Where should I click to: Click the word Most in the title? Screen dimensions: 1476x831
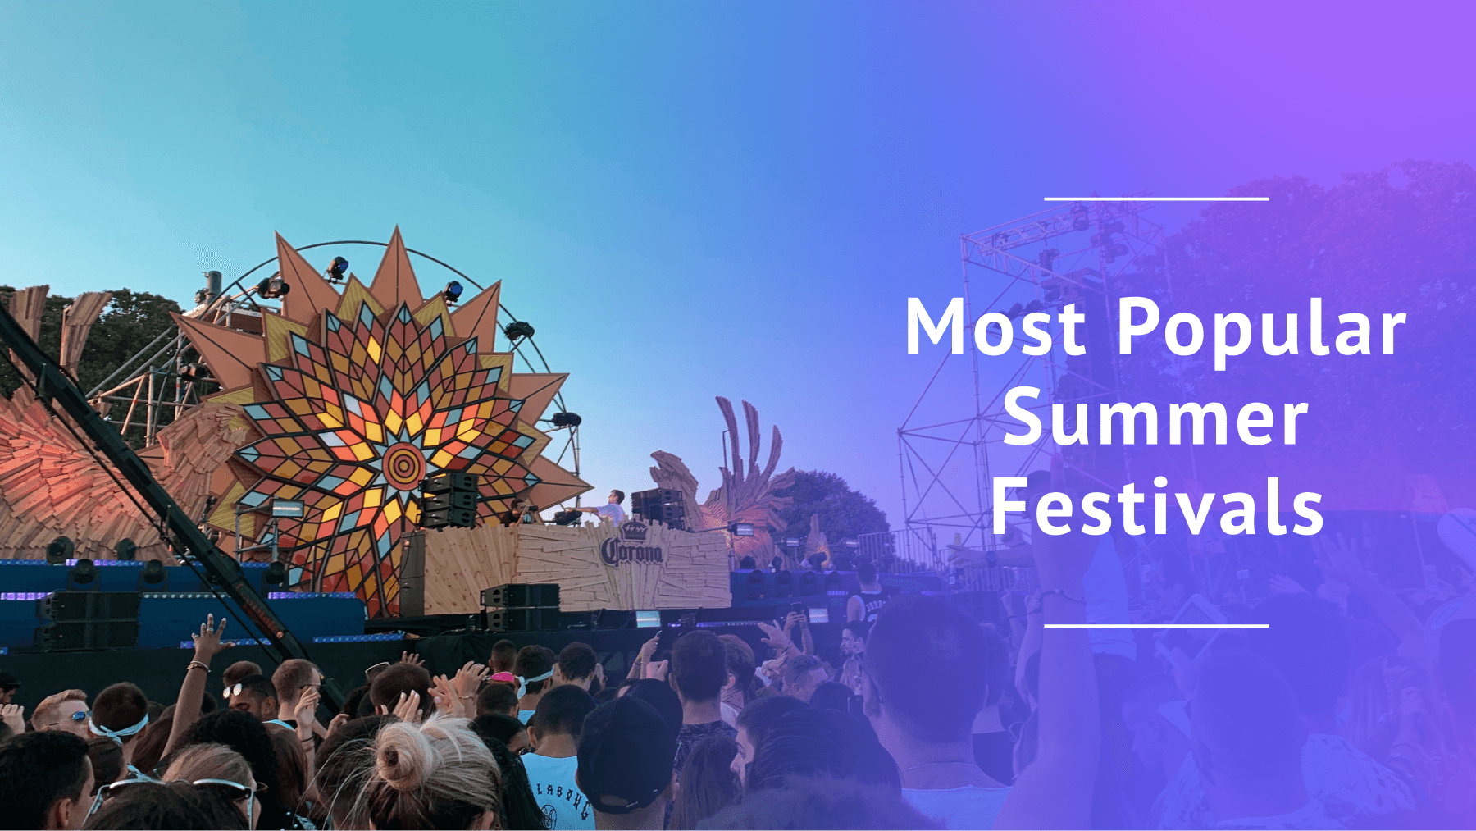995,326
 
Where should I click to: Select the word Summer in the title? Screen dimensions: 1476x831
1155,418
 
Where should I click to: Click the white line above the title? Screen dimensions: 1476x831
1156,199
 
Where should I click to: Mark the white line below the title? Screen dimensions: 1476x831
1156,626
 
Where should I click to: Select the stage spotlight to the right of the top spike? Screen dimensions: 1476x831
453,290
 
